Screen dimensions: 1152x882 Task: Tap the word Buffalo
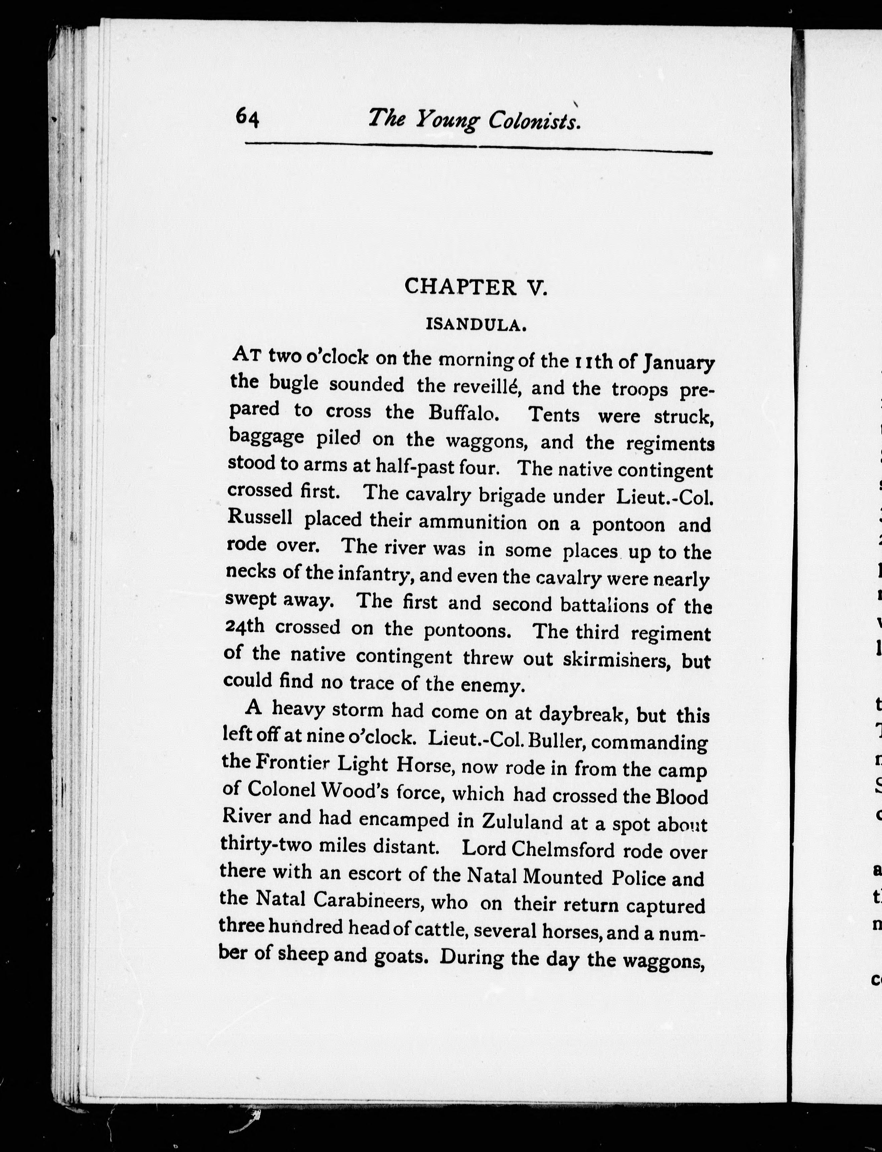pyautogui.click(x=462, y=413)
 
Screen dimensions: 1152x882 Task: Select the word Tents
pyautogui.click(x=554, y=415)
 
